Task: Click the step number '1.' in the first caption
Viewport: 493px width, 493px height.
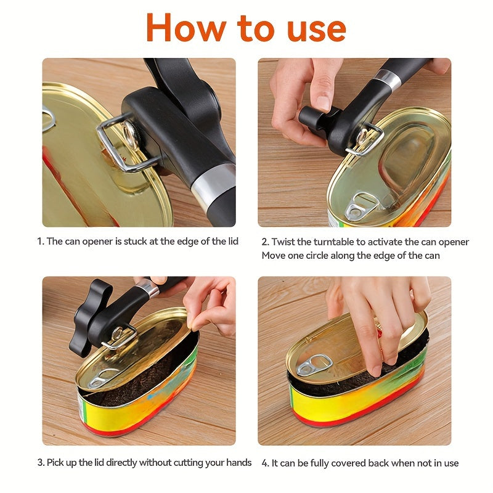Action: tap(41, 242)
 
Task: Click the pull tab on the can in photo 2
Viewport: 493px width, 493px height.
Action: tap(359, 207)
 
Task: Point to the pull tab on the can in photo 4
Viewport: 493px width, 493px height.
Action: tap(314, 365)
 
